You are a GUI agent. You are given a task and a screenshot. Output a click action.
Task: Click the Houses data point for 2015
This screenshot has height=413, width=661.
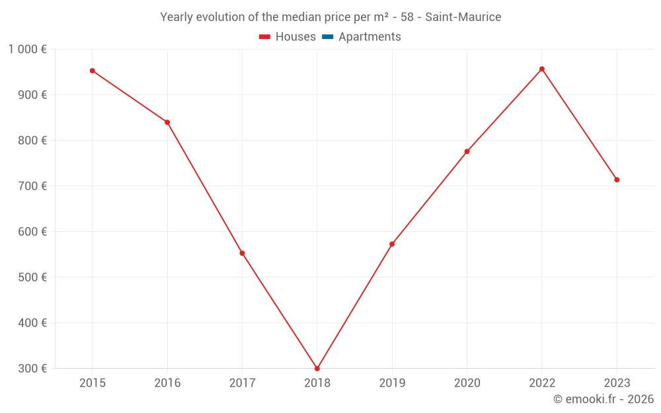[93, 71]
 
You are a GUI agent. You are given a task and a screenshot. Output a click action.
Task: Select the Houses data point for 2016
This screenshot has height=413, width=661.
[167, 122]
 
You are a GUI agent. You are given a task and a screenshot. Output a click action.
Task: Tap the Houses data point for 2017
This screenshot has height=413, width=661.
[242, 253]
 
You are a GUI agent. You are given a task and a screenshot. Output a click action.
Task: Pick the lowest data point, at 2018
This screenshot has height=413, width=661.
[317, 369]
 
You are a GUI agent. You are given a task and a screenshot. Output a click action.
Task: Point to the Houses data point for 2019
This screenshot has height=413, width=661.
[392, 244]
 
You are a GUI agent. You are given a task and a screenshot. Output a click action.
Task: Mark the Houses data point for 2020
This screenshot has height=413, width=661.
[467, 151]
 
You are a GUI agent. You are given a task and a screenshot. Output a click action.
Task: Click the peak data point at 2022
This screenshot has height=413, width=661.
[542, 69]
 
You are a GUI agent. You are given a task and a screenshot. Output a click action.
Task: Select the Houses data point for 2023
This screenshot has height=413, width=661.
[617, 180]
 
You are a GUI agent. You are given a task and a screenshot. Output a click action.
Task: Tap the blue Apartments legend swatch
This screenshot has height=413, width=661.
[327, 37]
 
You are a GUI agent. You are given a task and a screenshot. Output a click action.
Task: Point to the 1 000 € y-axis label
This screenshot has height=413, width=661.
[28, 49]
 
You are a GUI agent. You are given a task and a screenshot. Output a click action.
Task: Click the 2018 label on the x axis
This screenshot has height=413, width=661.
[317, 383]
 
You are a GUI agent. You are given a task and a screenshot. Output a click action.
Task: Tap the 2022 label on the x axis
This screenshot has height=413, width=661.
[542, 383]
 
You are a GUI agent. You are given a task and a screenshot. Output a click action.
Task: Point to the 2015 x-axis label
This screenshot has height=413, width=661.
[93, 383]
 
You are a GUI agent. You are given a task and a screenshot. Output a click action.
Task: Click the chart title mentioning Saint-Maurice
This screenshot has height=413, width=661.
[330, 17]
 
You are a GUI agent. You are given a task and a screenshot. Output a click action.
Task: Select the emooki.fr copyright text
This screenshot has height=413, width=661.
[603, 399]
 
